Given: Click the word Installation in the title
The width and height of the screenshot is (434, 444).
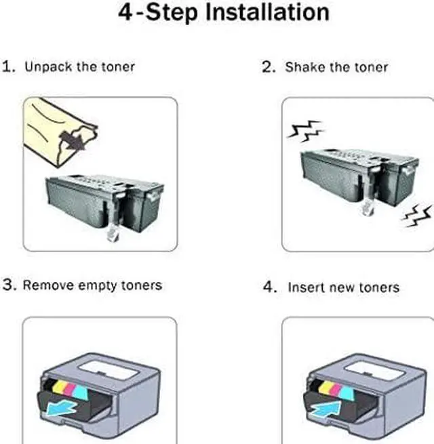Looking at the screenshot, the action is click(x=267, y=12).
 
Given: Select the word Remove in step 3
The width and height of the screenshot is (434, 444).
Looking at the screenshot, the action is click(x=48, y=285).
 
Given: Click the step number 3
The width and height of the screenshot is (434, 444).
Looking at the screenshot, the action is click(x=8, y=285).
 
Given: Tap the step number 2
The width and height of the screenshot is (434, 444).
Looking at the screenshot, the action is click(x=268, y=67).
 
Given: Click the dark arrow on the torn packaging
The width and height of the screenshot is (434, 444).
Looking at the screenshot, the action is click(x=73, y=141).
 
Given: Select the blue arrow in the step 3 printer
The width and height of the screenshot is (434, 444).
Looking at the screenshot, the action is click(x=60, y=409).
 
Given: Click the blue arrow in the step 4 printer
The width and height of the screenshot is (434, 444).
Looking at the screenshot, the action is click(x=326, y=409).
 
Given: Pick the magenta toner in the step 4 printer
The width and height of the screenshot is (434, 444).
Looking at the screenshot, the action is click(x=335, y=389).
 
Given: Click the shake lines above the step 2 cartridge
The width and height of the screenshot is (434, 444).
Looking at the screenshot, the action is click(x=305, y=131).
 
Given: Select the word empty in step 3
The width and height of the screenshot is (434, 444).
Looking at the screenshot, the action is click(x=98, y=285).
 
